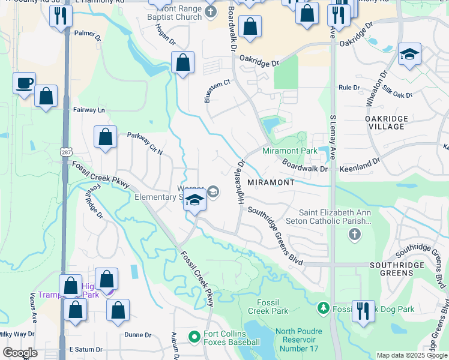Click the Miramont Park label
click(289, 151)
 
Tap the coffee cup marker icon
click(24, 83)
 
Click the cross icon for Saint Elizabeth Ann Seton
click(354, 233)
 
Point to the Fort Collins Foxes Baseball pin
click(194, 337)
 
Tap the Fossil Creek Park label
click(268, 307)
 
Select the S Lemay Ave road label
click(333, 137)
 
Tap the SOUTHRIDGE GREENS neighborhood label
click(399, 268)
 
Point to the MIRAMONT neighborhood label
click(270, 182)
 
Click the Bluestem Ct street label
click(217, 91)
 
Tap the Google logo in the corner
click(20, 352)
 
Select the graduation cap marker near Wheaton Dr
click(409, 55)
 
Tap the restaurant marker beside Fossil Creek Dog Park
click(363, 310)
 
